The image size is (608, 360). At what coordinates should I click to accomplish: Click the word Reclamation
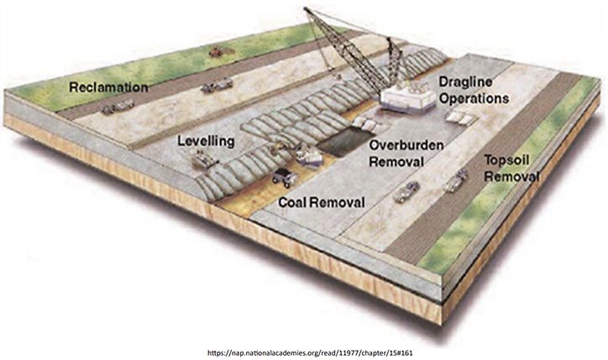point(109,87)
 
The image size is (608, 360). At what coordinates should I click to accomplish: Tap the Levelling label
point(205,142)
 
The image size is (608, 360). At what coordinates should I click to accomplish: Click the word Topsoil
point(510,160)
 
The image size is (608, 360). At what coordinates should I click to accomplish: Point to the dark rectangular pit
point(344,144)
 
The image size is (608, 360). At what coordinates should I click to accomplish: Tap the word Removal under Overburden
point(400,160)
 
